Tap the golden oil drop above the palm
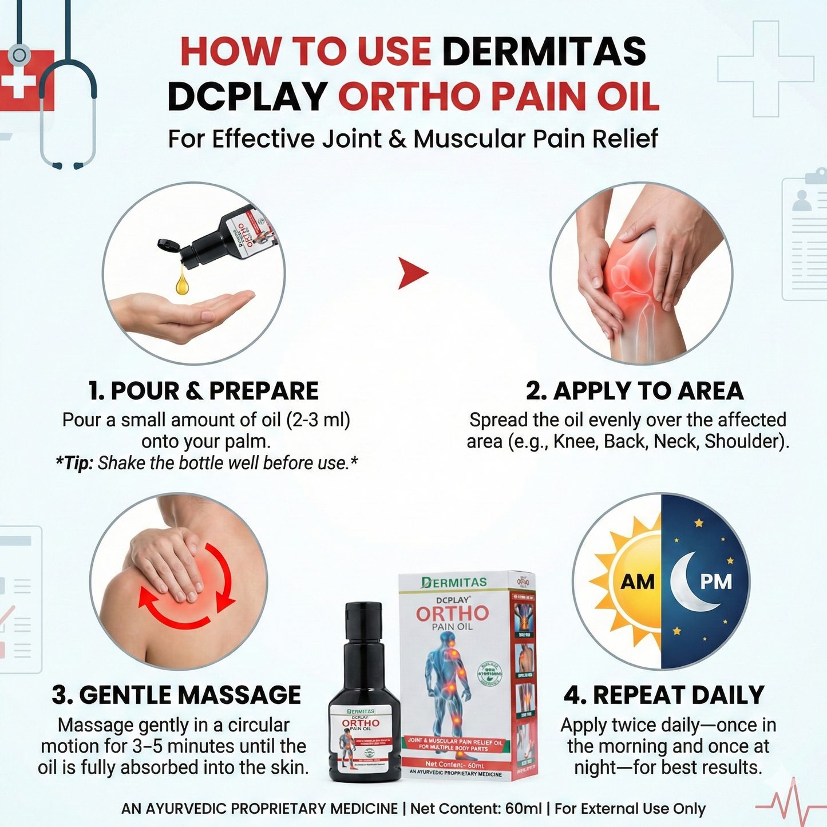183,283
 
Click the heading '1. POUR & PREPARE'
204,391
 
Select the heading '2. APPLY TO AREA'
635,391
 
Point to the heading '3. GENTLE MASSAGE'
176,695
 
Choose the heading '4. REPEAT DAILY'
664,695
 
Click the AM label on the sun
638,582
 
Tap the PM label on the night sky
716,582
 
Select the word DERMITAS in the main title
544,52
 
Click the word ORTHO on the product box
452,614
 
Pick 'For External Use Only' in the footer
630,809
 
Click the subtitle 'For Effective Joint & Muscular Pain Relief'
413,139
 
